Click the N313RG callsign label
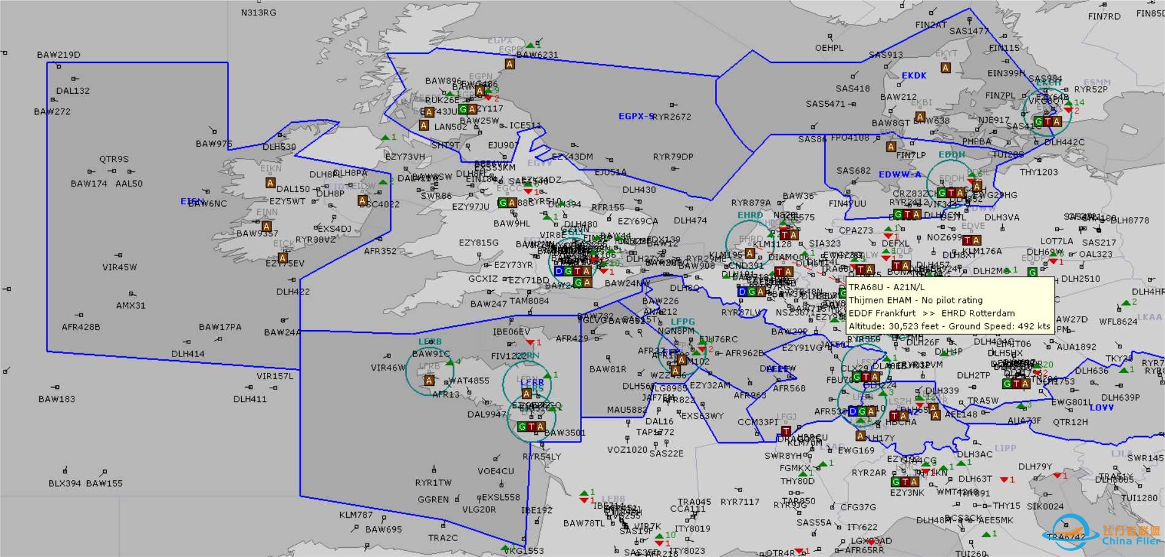click(x=258, y=12)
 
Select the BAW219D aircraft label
click(x=58, y=55)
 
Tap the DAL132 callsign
click(x=72, y=91)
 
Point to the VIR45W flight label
click(x=120, y=267)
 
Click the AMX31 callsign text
click(x=131, y=305)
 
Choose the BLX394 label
click(x=64, y=483)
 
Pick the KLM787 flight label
click(x=356, y=515)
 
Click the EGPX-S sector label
click(x=635, y=116)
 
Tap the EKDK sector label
click(x=914, y=75)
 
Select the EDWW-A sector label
click(x=900, y=174)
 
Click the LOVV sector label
click(x=1101, y=407)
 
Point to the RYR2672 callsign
click(x=673, y=117)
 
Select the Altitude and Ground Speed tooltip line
click(x=949, y=326)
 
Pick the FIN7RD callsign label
click(x=1104, y=17)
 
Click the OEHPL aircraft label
click(x=829, y=48)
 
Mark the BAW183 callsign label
click(x=56, y=399)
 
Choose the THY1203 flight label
click(x=1039, y=172)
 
